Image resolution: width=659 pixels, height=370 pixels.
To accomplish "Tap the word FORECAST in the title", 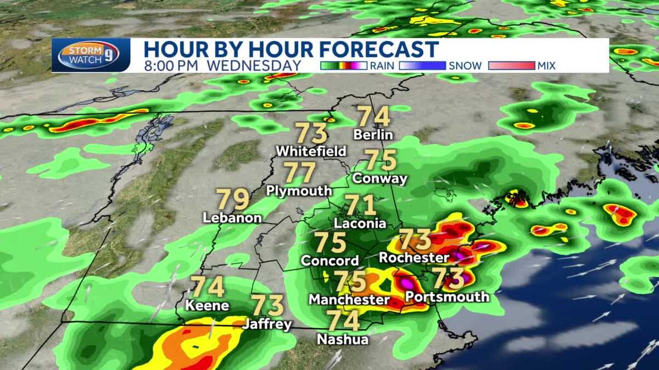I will [378, 49].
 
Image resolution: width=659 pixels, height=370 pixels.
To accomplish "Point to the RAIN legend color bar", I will [343, 66].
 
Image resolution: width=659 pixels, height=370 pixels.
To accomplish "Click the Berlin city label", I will [373, 135].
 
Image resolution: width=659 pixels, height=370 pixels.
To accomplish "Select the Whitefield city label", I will [311, 151].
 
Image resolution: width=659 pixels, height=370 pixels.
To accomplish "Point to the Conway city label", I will [380, 179].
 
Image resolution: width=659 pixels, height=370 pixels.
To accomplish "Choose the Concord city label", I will [330, 261].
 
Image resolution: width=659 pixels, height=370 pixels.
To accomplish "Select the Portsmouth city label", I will [446, 297].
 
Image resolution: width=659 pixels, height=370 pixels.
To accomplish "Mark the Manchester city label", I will [349, 300].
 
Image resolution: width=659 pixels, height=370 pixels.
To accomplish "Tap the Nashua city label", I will [343, 339].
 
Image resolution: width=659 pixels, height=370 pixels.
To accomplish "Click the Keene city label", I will [207, 305].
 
